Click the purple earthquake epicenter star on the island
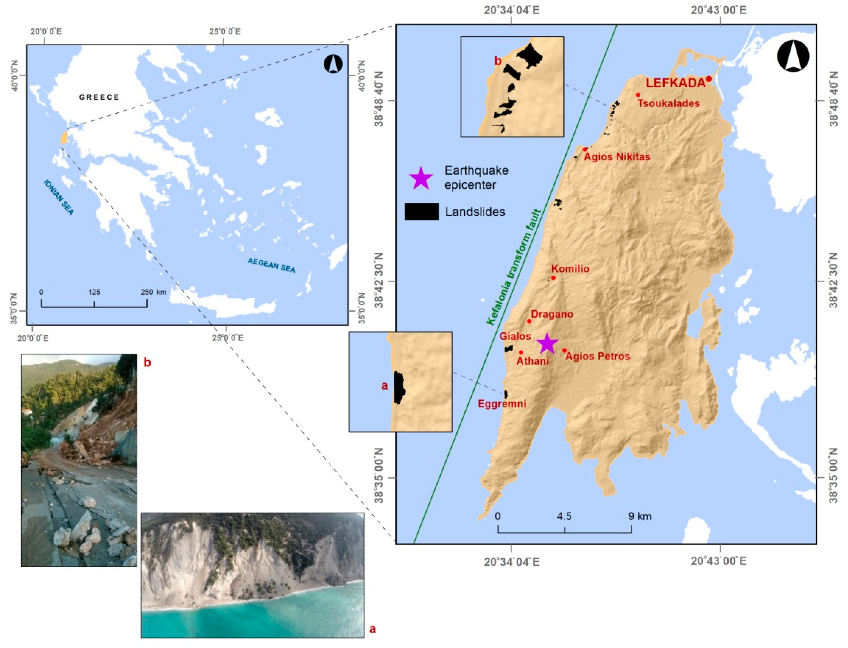547,344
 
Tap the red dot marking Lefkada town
708,79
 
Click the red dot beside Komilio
553,278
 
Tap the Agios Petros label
598,356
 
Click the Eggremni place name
502,404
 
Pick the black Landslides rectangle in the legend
421,211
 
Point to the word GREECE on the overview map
99,97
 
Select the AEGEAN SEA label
271,265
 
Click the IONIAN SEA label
58,197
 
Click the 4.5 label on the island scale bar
564,516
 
